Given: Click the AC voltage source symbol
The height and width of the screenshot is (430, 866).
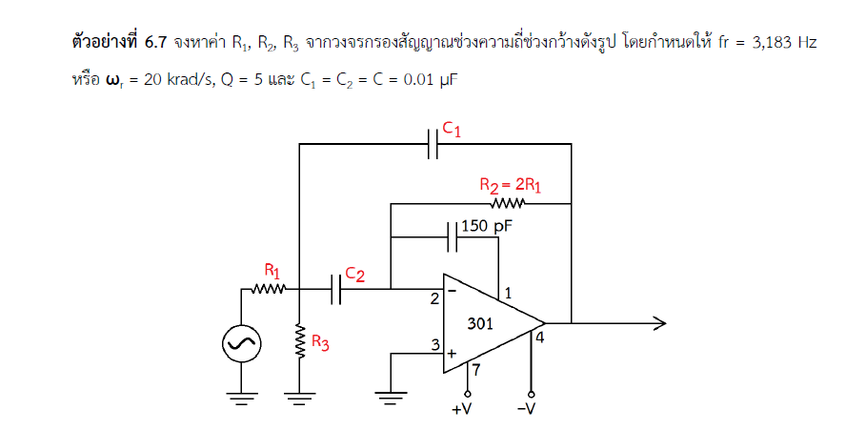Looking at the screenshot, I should [x=240, y=344].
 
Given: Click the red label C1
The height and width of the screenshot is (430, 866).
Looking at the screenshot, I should [x=452, y=129].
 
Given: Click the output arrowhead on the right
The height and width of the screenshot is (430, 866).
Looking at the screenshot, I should [x=657, y=323].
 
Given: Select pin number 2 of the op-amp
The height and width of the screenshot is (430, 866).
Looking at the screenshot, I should [x=434, y=300].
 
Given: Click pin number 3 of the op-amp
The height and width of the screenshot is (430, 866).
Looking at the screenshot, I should [x=434, y=345].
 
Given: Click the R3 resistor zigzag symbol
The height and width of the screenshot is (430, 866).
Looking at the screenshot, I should [x=300, y=344].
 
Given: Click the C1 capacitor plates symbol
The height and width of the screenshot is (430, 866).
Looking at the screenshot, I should [x=434, y=145].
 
